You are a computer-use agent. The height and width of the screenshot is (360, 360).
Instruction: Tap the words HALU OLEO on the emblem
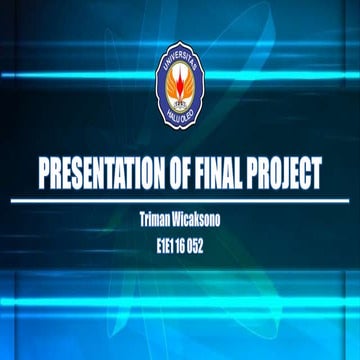[x=181, y=122]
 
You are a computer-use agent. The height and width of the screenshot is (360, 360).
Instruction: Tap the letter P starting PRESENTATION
[x=44, y=174]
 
